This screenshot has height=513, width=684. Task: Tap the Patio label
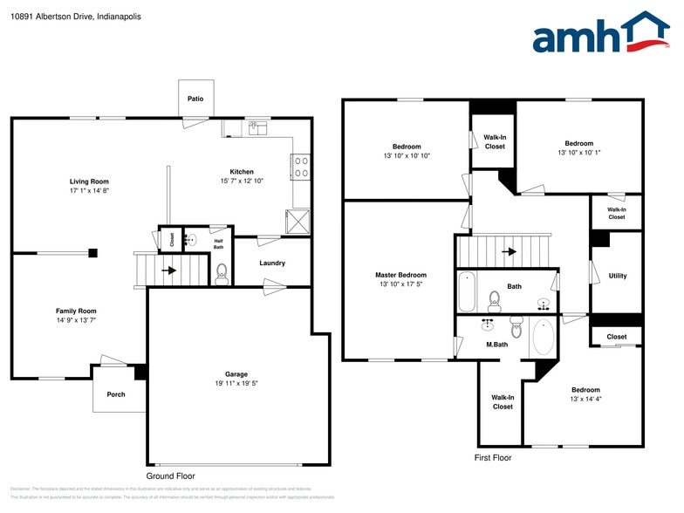coord(195,99)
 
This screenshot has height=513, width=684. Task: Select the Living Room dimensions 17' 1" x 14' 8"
coord(89,190)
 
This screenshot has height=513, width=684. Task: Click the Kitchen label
coord(242,172)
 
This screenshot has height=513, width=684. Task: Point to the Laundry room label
coord(272,263)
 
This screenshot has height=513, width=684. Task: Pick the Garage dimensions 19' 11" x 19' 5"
coord(238,383)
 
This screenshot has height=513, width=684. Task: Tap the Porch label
coord(116,394)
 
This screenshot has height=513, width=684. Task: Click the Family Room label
coord(77,311)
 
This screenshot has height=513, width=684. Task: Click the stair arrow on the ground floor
coord(168,270)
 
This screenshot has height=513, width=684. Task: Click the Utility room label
coord(617,276)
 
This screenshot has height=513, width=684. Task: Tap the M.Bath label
coord(496,345)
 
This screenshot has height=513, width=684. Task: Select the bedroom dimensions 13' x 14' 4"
coord(585,400)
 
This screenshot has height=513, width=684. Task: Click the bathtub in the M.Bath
coord(543,336)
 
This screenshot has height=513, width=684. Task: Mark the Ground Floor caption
coord(170,476)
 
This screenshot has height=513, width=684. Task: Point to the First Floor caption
coord(493,457)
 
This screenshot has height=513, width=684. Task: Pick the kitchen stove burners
coord(301,167)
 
